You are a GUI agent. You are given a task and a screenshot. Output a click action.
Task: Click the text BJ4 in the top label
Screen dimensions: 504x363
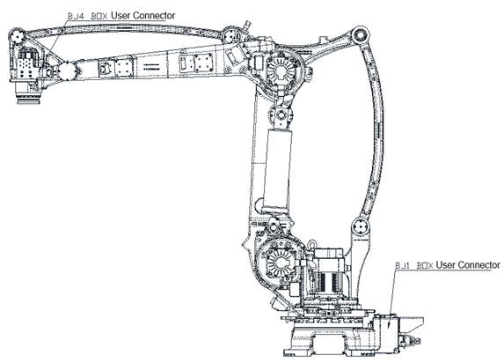tap(76, 16)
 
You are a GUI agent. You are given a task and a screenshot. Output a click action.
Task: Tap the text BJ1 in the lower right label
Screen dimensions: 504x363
tap(403, 265)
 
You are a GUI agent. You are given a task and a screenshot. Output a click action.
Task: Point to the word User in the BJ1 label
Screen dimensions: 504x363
tap(446, 265)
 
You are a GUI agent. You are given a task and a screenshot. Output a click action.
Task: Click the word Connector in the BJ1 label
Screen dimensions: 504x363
tap(478, 265)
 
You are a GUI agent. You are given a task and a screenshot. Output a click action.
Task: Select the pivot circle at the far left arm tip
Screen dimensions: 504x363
tap(17, 37)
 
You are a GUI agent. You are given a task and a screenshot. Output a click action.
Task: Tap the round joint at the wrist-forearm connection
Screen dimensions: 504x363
tap(67, 70)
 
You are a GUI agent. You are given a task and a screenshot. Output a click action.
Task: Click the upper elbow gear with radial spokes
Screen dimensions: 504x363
tap(281, 70)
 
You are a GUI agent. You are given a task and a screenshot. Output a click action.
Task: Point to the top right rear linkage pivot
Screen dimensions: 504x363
tap(361, 36)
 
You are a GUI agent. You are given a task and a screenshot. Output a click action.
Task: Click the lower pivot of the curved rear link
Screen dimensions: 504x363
tap(360, 227)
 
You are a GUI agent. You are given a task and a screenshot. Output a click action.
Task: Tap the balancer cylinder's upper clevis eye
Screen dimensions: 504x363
tap(281, 115)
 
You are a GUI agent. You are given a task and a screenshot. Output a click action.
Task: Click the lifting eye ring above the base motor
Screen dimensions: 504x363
tap(311, 244)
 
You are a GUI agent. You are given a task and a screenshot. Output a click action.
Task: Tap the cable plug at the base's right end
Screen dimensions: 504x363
tap(410, 341)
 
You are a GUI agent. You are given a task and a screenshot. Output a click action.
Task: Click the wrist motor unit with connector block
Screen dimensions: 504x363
tap(27, 64)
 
